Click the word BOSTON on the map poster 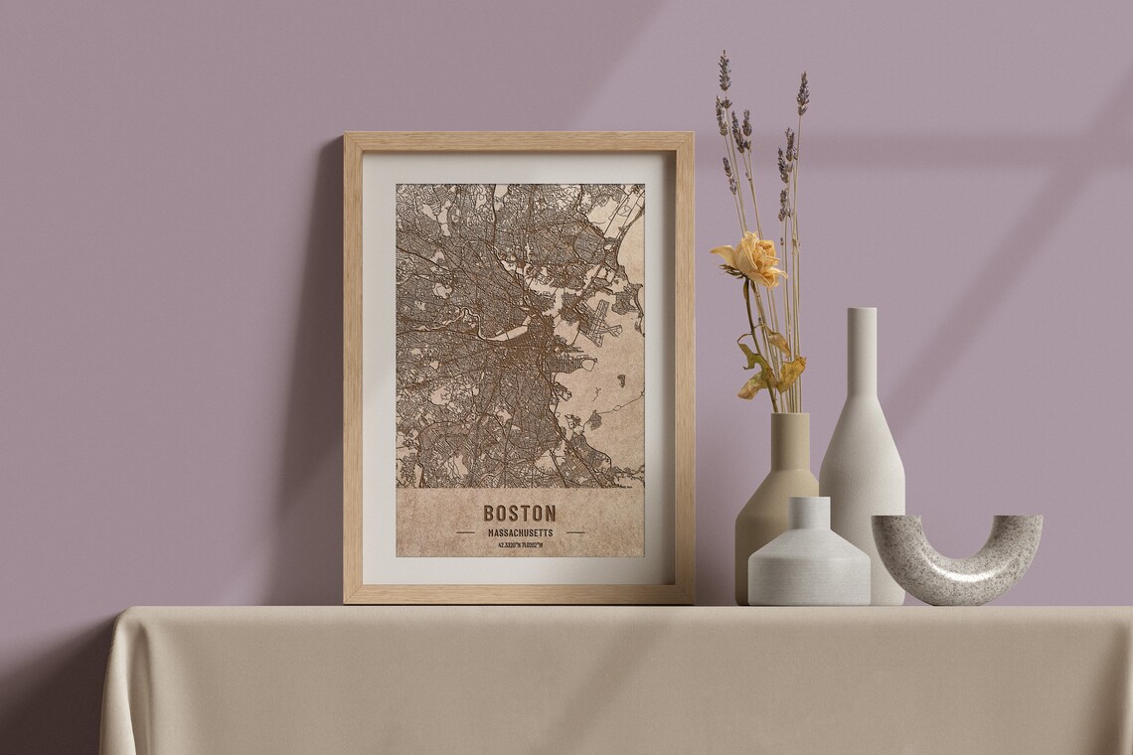(520, 514)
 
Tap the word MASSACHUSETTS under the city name (520, 532)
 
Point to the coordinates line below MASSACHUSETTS (520, 545)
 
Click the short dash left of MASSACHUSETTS (465, 532)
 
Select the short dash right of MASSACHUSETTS (574, 532)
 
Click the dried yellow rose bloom (752, 258)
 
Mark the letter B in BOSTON (490, 514)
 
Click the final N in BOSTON (550, 514)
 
